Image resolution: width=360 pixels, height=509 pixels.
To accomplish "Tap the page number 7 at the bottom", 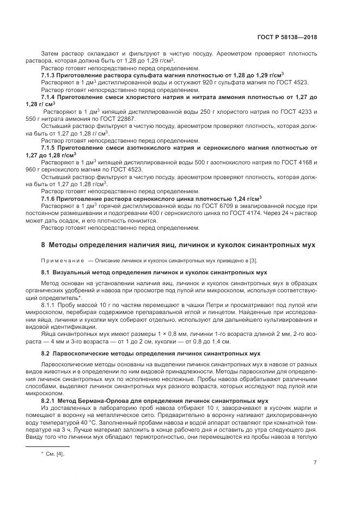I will point(315,462).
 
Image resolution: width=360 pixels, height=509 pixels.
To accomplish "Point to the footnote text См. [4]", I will point(55,453).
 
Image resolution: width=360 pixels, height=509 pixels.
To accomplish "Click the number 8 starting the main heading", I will point(44,245).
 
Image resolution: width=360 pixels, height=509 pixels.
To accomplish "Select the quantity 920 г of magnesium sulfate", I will point(221,82).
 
